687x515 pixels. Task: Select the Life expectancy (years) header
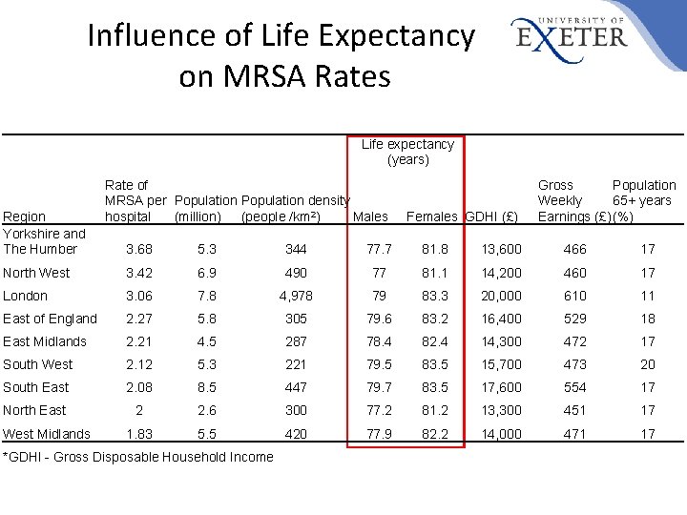(407, 152)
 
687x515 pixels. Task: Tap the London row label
(25, 296)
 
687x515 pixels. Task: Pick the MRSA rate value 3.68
(139, 249)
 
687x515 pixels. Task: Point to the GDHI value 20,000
(502, 296)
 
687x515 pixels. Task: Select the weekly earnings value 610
(575, 296)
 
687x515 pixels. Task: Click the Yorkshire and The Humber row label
(44, 241)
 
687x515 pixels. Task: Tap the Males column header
(370, 216)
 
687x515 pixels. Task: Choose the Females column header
(432, 216)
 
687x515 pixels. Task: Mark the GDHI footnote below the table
(139, 457)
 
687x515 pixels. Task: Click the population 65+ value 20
(648, 364)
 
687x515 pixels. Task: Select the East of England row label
(50, 319)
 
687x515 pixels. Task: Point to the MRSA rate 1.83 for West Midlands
(139, 434)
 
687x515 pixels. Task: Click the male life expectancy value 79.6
(380, 319)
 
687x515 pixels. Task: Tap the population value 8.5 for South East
(206, 387)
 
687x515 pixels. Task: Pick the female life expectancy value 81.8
(434, 249)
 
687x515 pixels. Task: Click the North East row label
(34, 410)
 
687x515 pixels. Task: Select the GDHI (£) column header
(492, 216)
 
